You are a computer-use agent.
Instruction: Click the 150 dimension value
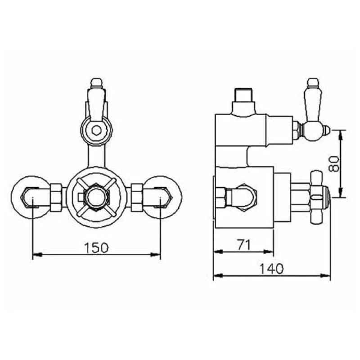[96, 248]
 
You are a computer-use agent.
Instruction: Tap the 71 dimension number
[244, 245]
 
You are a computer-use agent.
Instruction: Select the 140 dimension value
[272, 268]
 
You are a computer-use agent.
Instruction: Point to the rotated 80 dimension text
[333, 164]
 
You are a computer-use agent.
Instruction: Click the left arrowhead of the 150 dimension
[37, 255]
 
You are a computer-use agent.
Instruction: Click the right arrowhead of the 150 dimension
[155, 255]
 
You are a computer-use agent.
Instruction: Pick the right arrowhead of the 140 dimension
[325, 275]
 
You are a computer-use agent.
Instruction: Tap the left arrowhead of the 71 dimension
[218, 252]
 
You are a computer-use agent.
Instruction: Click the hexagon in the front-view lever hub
[96, 130]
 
